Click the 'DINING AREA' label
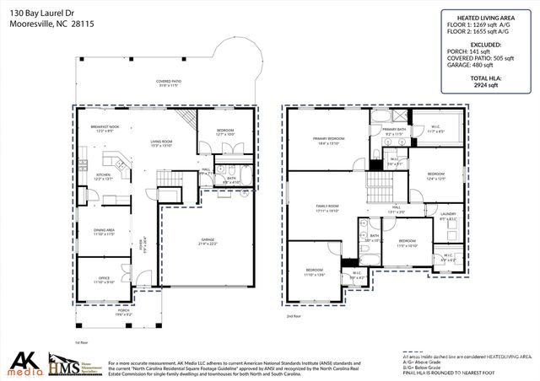point(105,231)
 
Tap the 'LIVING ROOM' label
point(161,142)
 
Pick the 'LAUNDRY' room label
point(449,216)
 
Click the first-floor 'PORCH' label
point(124,312)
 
